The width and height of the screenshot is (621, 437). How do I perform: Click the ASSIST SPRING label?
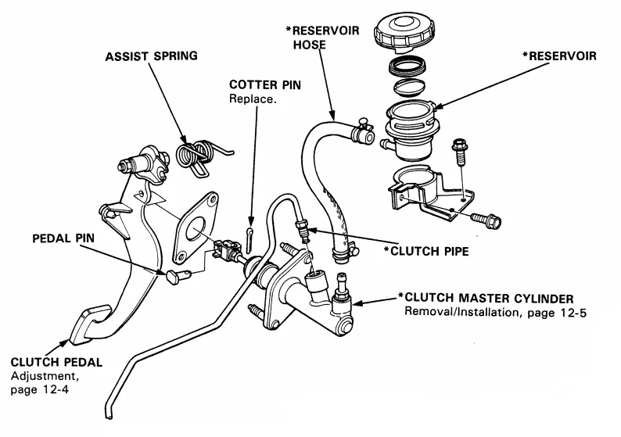150,56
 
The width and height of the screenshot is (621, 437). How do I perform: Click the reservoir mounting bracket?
426,192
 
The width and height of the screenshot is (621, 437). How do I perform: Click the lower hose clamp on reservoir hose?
342,251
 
